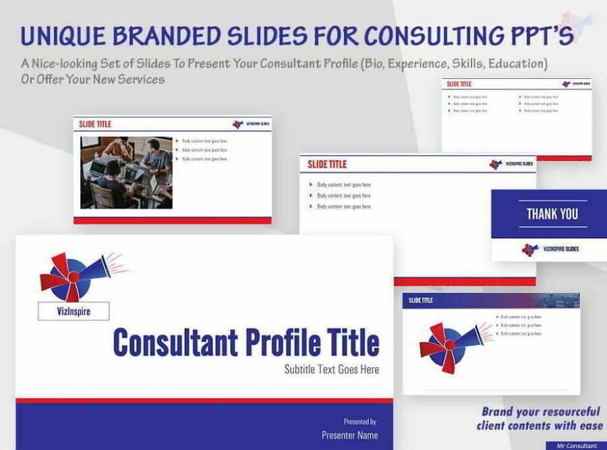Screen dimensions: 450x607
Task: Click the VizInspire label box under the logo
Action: coord(74,311)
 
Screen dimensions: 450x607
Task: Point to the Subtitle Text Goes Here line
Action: coord(331,369)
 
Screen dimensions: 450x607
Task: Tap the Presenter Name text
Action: coord(349,435)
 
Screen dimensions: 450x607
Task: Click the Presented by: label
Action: coord(360,422)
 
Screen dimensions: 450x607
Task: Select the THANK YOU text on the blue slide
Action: coord(552,214)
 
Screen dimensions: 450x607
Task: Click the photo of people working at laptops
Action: coord(126,173)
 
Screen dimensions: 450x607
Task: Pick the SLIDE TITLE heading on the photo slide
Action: coord(95,124)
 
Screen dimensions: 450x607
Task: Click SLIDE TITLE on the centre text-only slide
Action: coord(327,164)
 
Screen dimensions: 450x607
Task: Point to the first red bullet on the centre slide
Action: coord(310,185)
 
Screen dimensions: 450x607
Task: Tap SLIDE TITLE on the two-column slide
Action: coord(459,84)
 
